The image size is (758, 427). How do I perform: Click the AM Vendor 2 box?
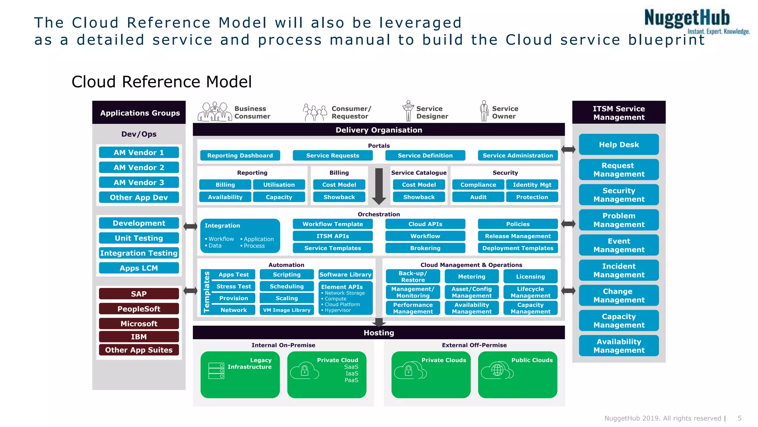[x=139, y=168]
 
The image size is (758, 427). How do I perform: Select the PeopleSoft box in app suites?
[x=139, y=309]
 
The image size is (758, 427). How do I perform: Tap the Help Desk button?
[x=618, y=145]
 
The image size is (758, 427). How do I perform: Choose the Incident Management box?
[x=618, y=271]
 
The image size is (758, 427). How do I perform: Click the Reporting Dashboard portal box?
[x=240, y=156]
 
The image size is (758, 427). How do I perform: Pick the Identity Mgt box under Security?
[x=532, y=185]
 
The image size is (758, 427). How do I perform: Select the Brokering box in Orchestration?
[x=425, y=248]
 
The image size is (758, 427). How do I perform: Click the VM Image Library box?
[x=286, y=310]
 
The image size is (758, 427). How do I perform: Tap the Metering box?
[x=471, y=277]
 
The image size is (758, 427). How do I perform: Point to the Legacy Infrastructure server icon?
[x=216, y=371]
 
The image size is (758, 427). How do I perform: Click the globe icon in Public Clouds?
[x=497, y=370]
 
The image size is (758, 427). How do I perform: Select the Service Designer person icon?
[x=408, y=110]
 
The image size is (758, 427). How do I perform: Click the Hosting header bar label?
[x=379, y=333]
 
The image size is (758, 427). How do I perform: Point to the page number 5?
[x=739, y=418]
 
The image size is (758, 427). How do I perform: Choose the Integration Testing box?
[x=139, y=253]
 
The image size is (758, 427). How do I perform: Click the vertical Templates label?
[x=207, y=292]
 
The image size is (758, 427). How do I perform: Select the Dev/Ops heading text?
[x=139, y=134]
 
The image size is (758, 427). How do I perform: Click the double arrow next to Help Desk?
[x=568, y=149]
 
